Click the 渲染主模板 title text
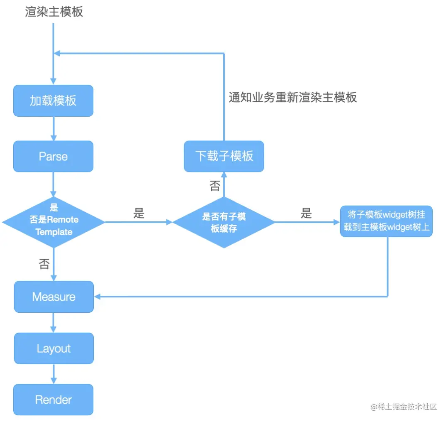(x=54, y=12)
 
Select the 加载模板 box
(x=53, y=101)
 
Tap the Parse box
(x=53, y=156)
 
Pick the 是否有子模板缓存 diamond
(x=224, y=222)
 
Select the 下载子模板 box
(x=224, y=156)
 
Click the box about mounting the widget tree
(x=386, y=221)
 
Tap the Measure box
(x=54, y=297)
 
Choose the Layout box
(x=54, y=348)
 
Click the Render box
(x=54, y=400)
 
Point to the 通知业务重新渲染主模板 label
(x=293, y=97)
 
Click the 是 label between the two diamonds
(x=139, y=213)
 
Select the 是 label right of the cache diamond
(x=306, y=213)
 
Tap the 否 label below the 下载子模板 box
(x=215, y=186)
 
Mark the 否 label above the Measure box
(x=44, y=264)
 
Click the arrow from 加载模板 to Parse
(x=53, y=129)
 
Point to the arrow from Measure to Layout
(x=54, y=323)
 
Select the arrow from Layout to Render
(x=54, y=374)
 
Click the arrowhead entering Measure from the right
(x=98, y=296)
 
